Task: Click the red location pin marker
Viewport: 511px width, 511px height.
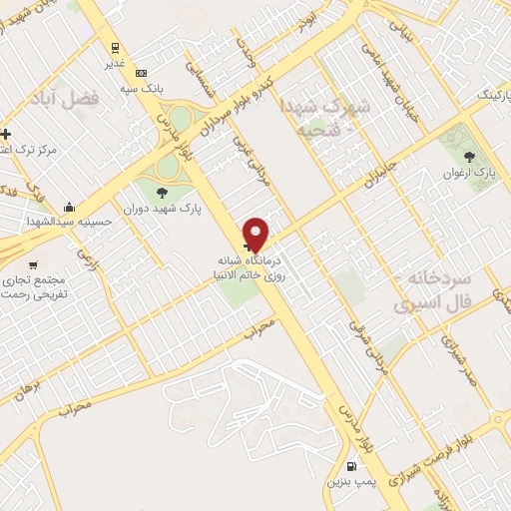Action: [x=256, y=234]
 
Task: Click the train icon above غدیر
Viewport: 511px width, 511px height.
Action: [x=116, y=47]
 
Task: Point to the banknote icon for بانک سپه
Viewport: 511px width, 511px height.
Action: [x=141, y=72]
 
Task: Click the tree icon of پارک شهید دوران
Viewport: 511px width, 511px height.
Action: [x=162, y=193]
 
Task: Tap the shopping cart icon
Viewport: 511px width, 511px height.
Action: [x=33, y=264]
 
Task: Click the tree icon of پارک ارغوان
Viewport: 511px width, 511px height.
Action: [x=469, y=156]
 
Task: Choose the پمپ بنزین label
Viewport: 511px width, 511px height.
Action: [x=349, y=481]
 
